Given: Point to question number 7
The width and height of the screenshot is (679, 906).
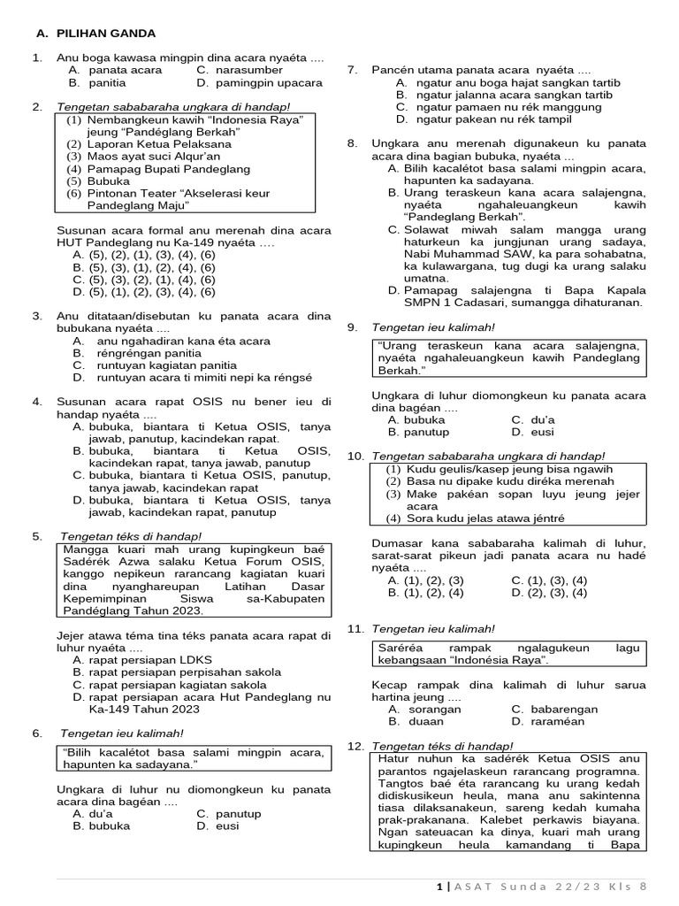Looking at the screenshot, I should pyautogui.click(x=352, y=70).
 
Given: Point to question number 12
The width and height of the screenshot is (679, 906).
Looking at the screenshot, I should pyautogui.click(x=355, y=746).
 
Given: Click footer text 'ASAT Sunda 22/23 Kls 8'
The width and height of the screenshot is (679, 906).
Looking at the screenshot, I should pyautogui.click(x=551, y=886).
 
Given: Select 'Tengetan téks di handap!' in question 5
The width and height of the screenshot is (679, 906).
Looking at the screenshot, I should pyautogui.click(x=131, y=536).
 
